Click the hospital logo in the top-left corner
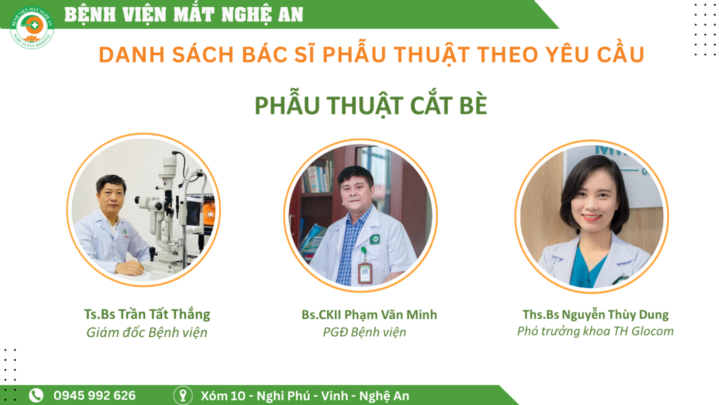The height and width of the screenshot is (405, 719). (32, 27)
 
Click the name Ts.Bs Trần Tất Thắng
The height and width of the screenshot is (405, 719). (147, 314)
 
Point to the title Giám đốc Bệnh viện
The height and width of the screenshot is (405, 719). (146, 332)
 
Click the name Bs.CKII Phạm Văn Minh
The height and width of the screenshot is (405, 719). (369, 315)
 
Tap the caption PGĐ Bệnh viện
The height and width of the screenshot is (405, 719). (364, 332)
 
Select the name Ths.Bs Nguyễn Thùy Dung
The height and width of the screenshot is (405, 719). (595, 315)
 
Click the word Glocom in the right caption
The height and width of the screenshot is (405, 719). (652, 331)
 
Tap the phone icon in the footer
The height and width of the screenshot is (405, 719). (36, 395)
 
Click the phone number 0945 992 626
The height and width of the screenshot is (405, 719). (95, 396)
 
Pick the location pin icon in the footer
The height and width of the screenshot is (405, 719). (183, 395)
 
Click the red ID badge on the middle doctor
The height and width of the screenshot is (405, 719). (365, 273)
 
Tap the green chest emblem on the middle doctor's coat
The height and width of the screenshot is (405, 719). (375, 239)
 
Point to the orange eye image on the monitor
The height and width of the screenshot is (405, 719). (209, 213)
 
